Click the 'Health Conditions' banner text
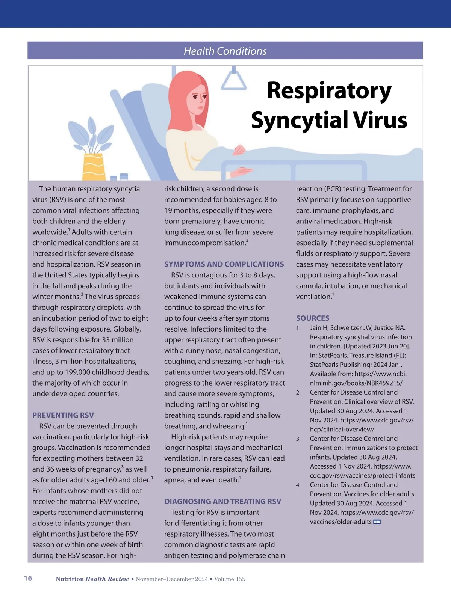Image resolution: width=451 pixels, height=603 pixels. pos(225,51)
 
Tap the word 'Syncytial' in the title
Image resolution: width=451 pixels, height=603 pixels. pos(300,120)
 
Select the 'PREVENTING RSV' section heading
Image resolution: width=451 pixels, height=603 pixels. pos(63,415)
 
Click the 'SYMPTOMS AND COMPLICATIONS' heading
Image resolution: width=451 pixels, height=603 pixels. pos(224,264)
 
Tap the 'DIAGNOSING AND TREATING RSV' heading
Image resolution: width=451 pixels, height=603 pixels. pos(222,502)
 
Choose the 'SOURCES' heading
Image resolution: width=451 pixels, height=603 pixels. pos(313,318)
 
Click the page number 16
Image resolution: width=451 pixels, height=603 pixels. pos(28,578)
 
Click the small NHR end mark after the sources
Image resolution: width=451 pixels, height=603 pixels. pos(377,522)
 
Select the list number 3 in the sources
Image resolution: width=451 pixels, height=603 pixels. pos(298,439)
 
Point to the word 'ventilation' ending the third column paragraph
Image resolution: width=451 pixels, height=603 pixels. pos(313,297)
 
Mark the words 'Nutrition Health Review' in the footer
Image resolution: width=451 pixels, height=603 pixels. pos(92,579)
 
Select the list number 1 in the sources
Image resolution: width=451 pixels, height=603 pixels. pos(298,328)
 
